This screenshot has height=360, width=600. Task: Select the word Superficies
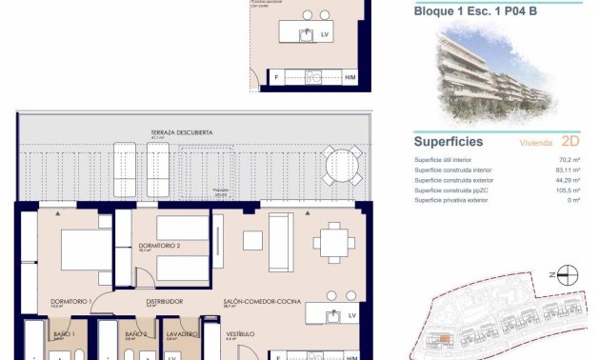(449, 142)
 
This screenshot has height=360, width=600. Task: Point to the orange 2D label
(571, 142)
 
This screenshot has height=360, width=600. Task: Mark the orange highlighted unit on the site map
(445, 337)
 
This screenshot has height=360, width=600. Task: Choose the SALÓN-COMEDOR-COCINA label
(262, 301)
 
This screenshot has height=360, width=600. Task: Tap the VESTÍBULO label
(239, 334)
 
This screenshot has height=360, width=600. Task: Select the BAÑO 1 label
(66, 334)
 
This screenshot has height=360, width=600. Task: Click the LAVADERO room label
(181, 334)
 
